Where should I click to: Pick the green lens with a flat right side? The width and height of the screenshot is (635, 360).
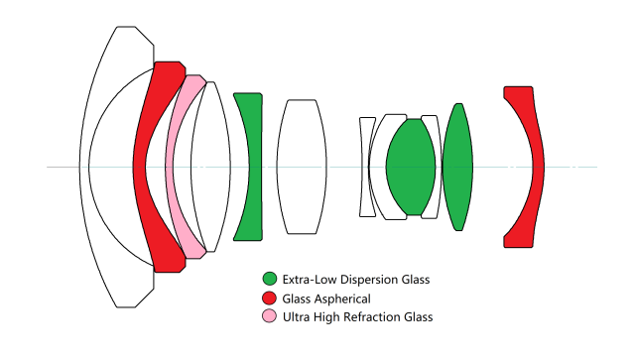click(x=255, y=167)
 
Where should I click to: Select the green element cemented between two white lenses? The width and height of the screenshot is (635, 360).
click(x=411, y=167)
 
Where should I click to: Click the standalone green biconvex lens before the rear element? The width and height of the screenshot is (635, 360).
click(x=457, y=167)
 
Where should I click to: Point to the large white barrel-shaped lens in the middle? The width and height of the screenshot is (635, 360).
click(x=302, y=167)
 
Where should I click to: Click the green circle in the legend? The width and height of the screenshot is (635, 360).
click(x=270, y=279)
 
